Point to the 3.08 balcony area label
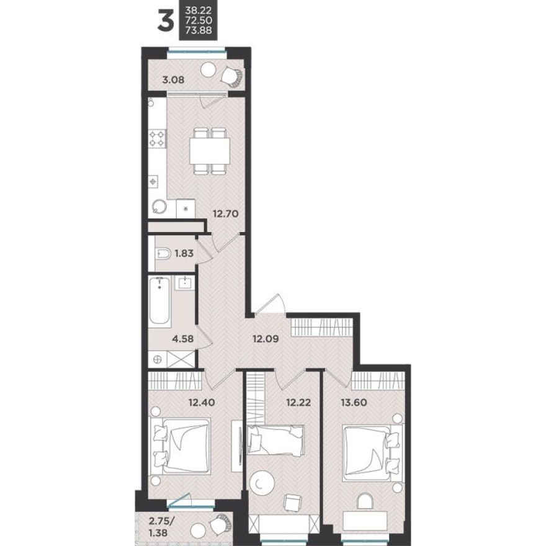pyautogui.click(x=173, y=79)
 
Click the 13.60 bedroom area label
pyautogui.click(x=353, y=401)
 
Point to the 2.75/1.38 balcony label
pyautogui.click(x=163, y=525)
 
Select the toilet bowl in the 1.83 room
pyautogui.click(x=163, y=253)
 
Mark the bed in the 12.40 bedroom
pyautogui.click(x=180, y=445)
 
